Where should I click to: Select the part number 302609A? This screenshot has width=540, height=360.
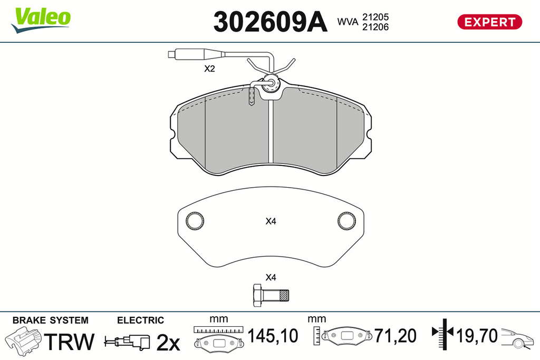[x=270, y=22]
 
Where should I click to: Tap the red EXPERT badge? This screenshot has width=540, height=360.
[x=489, y=22]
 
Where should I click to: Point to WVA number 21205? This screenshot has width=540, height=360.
[x=375, y=17]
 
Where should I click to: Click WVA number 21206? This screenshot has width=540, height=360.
[x=375, y=27]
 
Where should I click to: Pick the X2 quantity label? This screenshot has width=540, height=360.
[x=209, y=69]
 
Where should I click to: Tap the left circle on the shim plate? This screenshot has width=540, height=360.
[x=195, y=220]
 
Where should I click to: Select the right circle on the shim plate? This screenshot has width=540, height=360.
[x=346, y=220]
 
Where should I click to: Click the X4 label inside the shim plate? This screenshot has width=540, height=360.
[x=271, y=221]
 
